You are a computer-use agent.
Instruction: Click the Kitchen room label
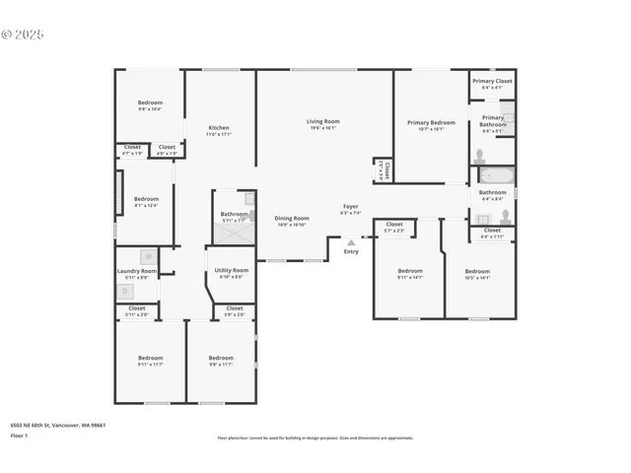coord(219,127)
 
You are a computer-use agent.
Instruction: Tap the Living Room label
coord(323,121)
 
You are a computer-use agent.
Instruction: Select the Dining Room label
coord(291,218)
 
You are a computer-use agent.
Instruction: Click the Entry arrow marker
coord(350,241)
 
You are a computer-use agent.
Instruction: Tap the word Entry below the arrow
coord(351,251)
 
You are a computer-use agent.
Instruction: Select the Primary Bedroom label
coord(431,122)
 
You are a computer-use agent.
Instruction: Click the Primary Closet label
coord(491,81)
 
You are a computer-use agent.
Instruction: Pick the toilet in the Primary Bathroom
coord(479,156)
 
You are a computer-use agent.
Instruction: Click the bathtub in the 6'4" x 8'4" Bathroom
coord(492,178)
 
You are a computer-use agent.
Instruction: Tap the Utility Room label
coord(232,269)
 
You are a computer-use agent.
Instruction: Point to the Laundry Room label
coord(136,271)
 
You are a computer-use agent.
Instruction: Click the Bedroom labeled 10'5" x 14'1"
coord(477,271)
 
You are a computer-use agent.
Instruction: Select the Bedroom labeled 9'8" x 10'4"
coord(150,102)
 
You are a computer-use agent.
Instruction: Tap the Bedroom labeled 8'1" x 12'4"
coord(146,198)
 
